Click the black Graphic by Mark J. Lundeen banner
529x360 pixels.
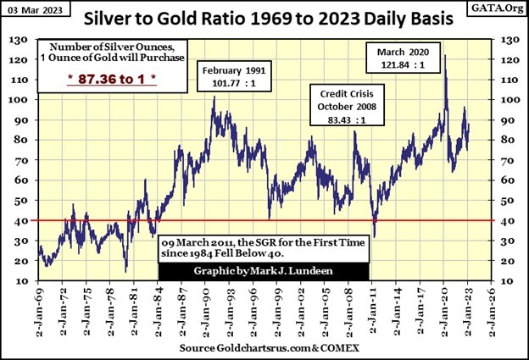click(x=264, y=271)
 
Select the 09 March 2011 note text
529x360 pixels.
click(x=264, y=248)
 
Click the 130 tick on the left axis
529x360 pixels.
click(x=19, y=39)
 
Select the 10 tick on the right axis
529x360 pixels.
click(x=507, y=281)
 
